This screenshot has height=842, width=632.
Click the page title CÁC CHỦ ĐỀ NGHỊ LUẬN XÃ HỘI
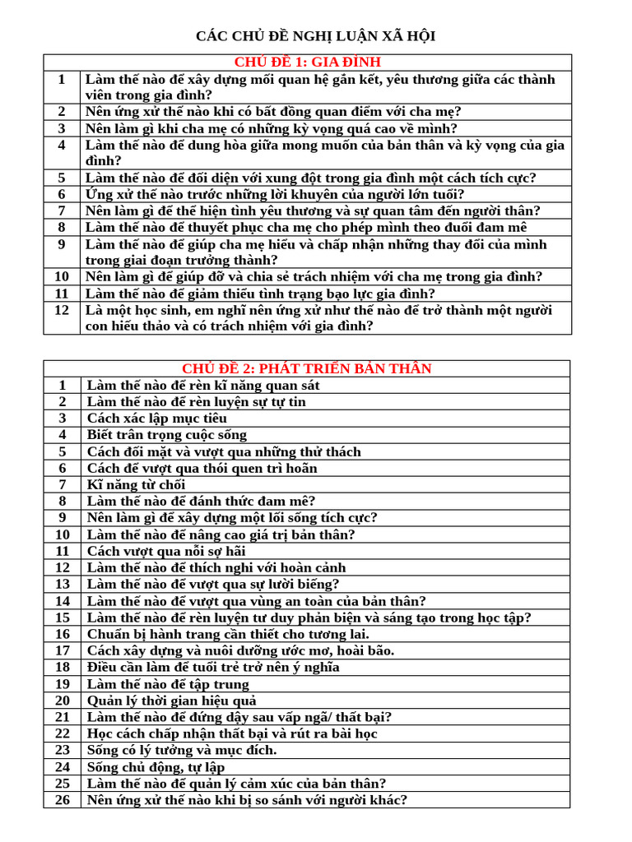point(315,36)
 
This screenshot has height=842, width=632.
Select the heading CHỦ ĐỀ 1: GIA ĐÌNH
point(307,62)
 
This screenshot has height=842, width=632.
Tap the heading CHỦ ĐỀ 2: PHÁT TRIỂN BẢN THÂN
point(306,368)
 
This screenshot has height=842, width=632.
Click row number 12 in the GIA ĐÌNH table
point(62,310)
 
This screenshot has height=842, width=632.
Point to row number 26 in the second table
point(63,800)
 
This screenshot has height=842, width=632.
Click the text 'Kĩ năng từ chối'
point(137,484)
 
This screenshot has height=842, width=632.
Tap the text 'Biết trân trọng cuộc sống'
point(167,435)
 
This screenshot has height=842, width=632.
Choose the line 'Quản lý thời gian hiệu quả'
point(172,701)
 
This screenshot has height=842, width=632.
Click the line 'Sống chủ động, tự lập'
point(156,767)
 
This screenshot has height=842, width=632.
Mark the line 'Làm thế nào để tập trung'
point(168,684)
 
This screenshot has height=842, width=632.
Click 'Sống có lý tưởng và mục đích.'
point(182,750)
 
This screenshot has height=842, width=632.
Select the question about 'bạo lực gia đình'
point(260,294)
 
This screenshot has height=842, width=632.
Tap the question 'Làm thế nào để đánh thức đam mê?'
point(202,501)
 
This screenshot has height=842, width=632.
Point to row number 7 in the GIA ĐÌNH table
point(62,210)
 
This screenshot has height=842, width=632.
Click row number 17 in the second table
point(63,650)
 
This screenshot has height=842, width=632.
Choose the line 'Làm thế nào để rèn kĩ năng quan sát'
point(203,385)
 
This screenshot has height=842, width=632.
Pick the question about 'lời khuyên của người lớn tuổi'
point(275,194)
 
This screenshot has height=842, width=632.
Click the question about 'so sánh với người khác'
point(247,800)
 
